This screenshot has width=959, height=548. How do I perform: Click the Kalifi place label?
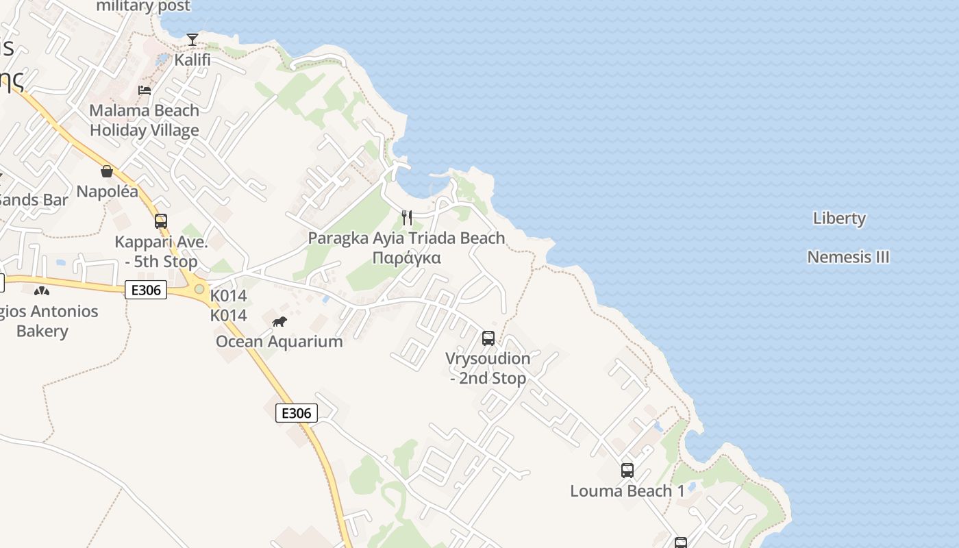coord(192,60)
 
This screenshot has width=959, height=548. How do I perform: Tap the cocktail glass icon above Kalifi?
coord(192,39)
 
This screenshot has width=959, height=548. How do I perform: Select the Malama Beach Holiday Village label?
coord(145,120)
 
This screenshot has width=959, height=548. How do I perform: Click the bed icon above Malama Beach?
coord(145,90)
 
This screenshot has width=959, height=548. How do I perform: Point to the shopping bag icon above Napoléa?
coord(107,171)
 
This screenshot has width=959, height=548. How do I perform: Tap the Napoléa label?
coord(107,191)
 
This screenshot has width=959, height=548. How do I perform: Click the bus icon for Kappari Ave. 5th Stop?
coord(161,221)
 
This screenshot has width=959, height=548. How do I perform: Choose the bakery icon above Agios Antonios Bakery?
coord(42,291)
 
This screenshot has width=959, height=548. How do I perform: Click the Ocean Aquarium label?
coord(279,341)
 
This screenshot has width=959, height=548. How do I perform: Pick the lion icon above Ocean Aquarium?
coord(279,321)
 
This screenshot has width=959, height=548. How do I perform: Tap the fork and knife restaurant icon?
coord(407,218)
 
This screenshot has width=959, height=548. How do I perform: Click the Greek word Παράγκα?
coord(406,258)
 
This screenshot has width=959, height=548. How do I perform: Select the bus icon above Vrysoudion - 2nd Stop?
coord(488,338)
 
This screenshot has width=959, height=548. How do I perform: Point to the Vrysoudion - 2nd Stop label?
coord(488,368)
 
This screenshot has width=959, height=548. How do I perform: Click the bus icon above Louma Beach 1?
coord(627,471)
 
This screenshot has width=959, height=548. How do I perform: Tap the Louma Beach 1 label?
coord(627,491)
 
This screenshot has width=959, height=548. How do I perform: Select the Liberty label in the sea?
coord(839,219)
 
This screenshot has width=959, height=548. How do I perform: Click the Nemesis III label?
coord(848,258)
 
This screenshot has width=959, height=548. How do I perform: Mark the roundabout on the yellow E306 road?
coord(199,289)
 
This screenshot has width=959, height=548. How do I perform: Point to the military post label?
coord(143,7)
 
